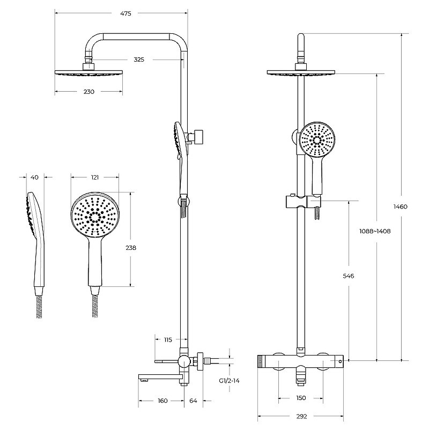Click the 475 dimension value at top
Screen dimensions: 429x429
125,13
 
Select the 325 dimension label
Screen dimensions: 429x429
139,60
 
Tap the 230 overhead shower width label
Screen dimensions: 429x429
88,92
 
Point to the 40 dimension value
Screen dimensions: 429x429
34,177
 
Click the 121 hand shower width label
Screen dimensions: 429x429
94,177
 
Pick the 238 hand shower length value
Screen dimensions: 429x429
131,248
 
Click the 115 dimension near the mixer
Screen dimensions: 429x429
168,340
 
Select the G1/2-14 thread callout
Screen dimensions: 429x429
230,381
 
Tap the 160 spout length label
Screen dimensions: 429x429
162,401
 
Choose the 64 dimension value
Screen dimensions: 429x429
193,401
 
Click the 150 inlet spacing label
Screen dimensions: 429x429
301,398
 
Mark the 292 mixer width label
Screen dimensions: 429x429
301,417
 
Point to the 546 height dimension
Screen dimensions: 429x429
348,276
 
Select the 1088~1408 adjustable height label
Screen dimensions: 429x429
375,231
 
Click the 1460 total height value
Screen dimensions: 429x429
400,206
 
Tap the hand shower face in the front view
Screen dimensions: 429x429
317,140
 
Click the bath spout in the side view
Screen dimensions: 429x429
160,378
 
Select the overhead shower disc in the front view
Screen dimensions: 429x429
301,72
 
